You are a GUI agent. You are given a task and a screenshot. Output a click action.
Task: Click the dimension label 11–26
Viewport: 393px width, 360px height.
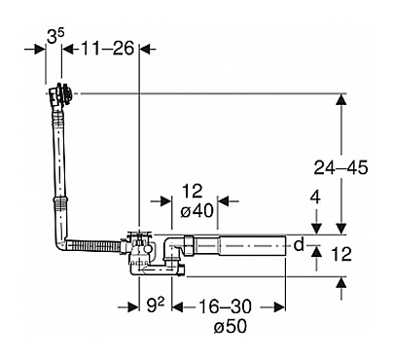click(x=107, y=49)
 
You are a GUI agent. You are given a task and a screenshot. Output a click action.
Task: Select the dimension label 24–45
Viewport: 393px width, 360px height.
click(x=340, y=168)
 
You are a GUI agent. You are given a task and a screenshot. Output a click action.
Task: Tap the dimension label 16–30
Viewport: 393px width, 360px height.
click(x=225, y=306)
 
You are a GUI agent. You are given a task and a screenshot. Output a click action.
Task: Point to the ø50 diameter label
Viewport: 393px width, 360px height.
click(x=231, y=326)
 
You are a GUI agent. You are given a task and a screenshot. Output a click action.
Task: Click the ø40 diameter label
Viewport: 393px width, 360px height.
click(x=197, y=211)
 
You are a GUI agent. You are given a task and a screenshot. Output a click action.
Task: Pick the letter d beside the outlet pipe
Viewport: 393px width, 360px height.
click(x=299, y=245)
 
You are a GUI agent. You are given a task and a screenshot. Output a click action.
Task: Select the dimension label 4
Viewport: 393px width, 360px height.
click(x=315, y=198)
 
